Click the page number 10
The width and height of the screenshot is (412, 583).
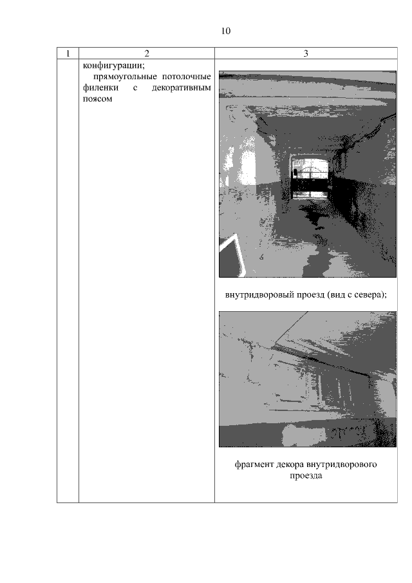tap(226, 31)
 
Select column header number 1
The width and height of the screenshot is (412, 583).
tap(68, 53)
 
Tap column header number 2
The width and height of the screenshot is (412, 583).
tap(147, 53)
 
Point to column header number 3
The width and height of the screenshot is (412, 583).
tap(306, 53)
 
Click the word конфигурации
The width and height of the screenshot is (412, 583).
tap(113, 66)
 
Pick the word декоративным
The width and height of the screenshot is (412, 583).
tap(182, 88)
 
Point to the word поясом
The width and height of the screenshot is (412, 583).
tap(97, 99)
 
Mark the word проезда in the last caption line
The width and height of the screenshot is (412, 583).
tap(306, 476)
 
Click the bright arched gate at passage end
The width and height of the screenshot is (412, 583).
tap(310, 178)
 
